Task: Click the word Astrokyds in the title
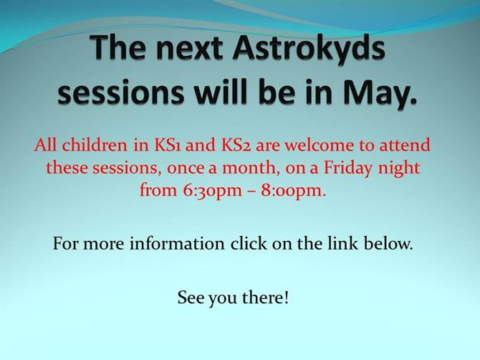pos(309,49)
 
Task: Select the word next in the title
pos(189,49)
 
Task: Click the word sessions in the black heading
pos(121,93)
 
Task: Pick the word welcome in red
pos(320,145)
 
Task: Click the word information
pos(177,244)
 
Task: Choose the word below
pos(388,244)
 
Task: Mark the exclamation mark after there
pos(287,298)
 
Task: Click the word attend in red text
pos(405,145)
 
